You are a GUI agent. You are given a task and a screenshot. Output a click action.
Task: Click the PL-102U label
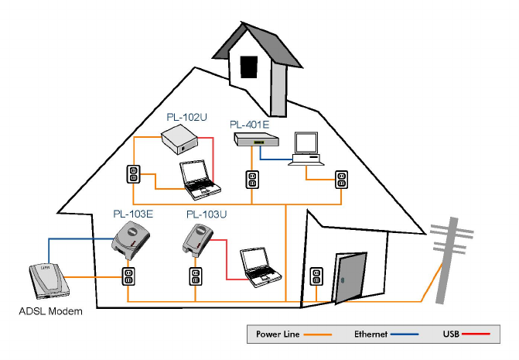coord(186,117)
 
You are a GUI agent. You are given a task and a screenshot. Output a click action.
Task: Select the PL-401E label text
coord(248,124)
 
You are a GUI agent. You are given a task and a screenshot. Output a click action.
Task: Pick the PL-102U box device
coord(180,141)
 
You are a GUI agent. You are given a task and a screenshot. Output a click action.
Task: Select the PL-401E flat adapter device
coord(256,139)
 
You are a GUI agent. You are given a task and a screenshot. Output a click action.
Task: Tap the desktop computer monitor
coord(306,143)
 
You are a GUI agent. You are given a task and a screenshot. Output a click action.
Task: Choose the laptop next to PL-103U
coord(258,265)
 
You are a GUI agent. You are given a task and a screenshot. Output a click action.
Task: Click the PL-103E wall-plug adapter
coord(131,242)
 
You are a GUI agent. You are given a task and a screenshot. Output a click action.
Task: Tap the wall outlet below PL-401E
coord(251,180)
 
